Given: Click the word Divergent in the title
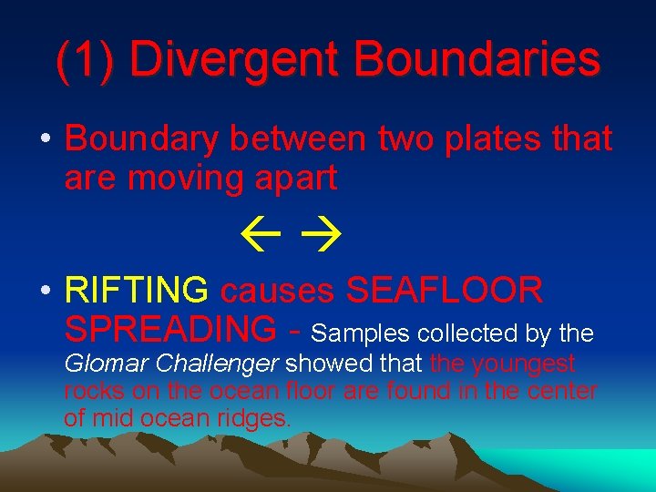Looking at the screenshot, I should coord(235,59).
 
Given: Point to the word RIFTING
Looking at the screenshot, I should coord(137,292).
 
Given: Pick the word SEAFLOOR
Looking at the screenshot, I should coord(445,292).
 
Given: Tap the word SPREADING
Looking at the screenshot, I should coord(169,329).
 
